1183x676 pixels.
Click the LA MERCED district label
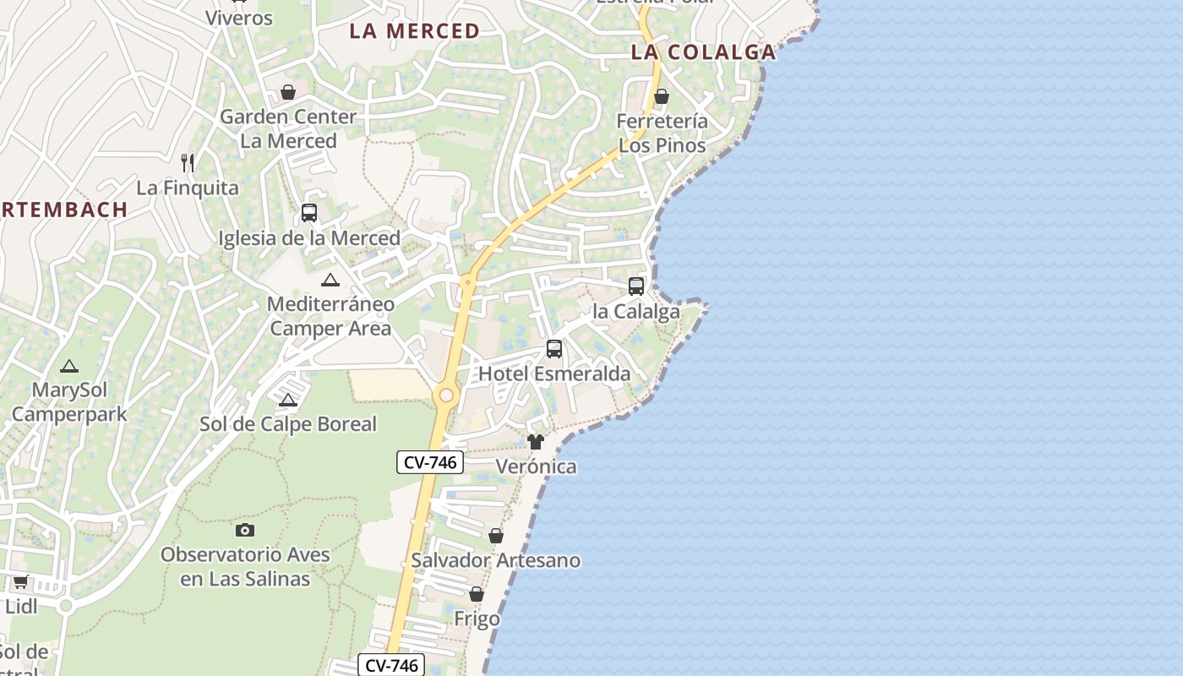coord(414,31)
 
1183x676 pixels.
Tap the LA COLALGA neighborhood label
coord(703,52)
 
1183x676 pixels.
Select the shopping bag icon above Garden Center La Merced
coord(288,91)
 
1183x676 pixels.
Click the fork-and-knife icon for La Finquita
coord(188,162)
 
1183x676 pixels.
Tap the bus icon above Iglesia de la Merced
coord(309,213)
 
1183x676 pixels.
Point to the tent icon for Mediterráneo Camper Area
coord(330,280)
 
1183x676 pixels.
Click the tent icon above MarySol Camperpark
coord(69,366)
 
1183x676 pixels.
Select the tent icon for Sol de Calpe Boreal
coord(288,400)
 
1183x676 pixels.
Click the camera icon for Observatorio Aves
coord(245,530)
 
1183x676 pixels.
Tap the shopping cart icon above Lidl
coord(21,581)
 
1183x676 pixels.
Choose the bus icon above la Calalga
coord(636,286)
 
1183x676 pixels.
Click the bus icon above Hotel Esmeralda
coord(554,348)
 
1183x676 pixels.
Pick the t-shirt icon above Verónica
coord(536,442)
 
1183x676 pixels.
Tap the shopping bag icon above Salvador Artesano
coord(496,536)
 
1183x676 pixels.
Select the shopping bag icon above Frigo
coord(477,594)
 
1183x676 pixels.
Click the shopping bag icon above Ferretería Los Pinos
coord(662,96)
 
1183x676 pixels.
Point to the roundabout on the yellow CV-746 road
coord(446,395)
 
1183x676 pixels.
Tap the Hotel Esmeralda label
coord(554,373)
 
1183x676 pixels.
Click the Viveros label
coord(239,18)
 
